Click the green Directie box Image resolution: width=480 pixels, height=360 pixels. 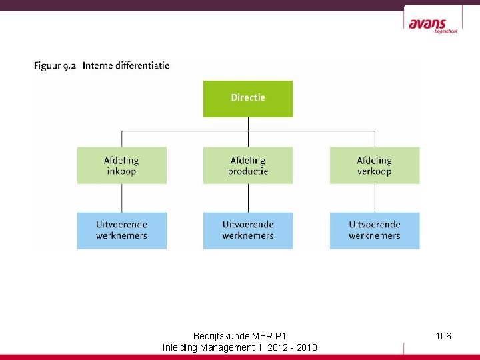pos(248,99)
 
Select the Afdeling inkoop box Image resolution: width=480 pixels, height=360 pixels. pos(121,165)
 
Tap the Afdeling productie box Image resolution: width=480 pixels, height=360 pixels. pos(248,165)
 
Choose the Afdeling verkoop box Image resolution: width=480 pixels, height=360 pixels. pos(375,165)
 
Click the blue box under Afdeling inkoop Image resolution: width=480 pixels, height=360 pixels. pos(121,230)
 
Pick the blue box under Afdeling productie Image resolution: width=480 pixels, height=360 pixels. pos(248,230)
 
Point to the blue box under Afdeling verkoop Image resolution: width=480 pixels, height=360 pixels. pos(375,230)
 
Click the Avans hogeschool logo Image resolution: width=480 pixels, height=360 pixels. pos(433,25)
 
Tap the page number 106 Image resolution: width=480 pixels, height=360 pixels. pos(443,336)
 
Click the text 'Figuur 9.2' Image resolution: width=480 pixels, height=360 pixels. pos(55,66)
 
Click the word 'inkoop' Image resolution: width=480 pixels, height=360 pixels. pos(121,171)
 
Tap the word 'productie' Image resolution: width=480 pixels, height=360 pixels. pos(248,171)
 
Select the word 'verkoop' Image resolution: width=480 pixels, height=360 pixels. pos(375,171)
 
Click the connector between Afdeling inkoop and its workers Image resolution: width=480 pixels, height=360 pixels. pos(121,198)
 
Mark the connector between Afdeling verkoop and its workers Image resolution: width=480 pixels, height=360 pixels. pos(375,198)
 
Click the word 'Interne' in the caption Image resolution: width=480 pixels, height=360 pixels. pos(98,66)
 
